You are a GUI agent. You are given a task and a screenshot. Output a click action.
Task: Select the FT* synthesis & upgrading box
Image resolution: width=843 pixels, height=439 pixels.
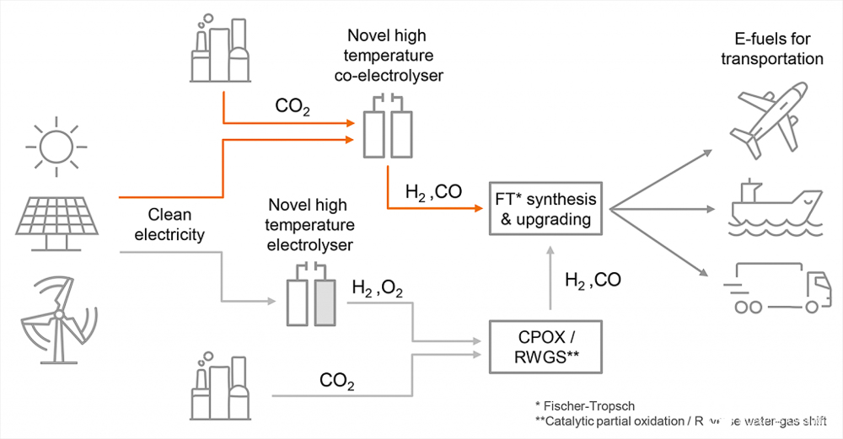pyautogui.click(x=547, y=209)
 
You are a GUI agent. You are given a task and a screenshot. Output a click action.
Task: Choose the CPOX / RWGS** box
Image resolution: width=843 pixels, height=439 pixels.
pyautogui.click(x=547, y=346)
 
